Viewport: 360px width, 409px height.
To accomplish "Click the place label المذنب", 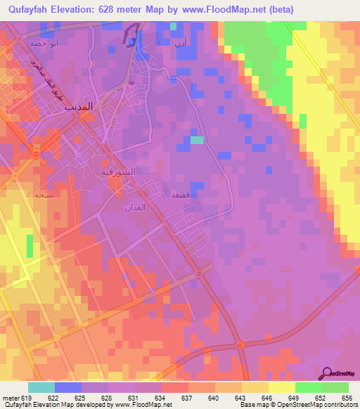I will pyautogui.click(x=78, y=108).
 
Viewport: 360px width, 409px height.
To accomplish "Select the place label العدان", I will pyautogui.click(x=134, y=207).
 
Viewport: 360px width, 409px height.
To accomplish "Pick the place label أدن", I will pyautogui.click(x=181, y=42).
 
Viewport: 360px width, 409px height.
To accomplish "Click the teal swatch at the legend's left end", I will pyautogui.click(x=41, y=387).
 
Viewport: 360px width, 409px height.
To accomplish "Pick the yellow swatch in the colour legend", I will pyautogui.click(x=282, y=387).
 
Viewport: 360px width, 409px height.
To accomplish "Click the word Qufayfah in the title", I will pyautogui.click(x=30, y=9).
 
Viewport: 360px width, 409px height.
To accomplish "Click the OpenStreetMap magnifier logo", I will pyautogui.click(x=328, y=373).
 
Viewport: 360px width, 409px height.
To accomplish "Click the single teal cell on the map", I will pyautogui.click(x=198, y=140).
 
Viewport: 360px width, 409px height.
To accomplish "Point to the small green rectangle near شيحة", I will pyautogui.click(x=30, y=245).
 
